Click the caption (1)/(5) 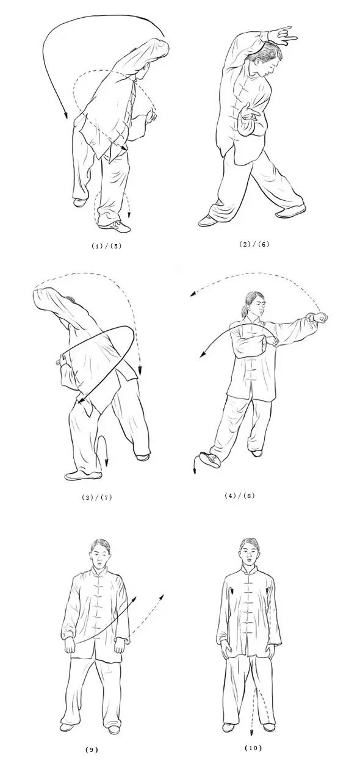click(x=106, y=246)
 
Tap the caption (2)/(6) click(x=254, y=244)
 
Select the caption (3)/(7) click(x=97, y=497)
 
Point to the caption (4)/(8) click(x=240, y=495)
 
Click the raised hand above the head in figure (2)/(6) click(x=281, y=35)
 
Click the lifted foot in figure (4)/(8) click(x=210, y=460)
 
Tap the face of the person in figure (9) click(x=100, y=557)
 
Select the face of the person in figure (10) click(x=250, y=555)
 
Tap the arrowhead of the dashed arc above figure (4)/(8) click(x=193, y=294)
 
